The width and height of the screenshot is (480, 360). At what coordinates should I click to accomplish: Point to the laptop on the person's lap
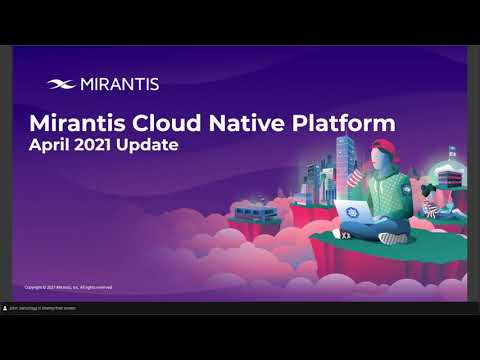(x=354, y=215)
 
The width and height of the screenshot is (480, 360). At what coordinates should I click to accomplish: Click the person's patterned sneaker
(x=392, y=238)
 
